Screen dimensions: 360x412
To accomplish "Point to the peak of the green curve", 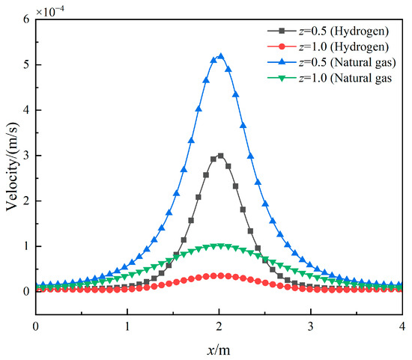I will (219, 245).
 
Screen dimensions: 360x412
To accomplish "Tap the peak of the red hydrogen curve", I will (219, 275).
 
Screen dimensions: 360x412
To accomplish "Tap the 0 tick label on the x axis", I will (36, 326).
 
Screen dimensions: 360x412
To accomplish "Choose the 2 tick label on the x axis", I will (219, 326).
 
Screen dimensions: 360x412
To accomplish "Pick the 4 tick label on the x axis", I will (402, 326).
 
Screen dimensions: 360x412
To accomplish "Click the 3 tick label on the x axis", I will (311, 326).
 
